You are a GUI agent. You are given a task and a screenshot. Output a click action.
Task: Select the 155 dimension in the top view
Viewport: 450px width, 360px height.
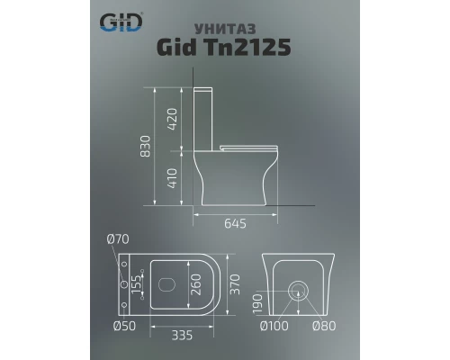pyautogui.click(x=139, y=284)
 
